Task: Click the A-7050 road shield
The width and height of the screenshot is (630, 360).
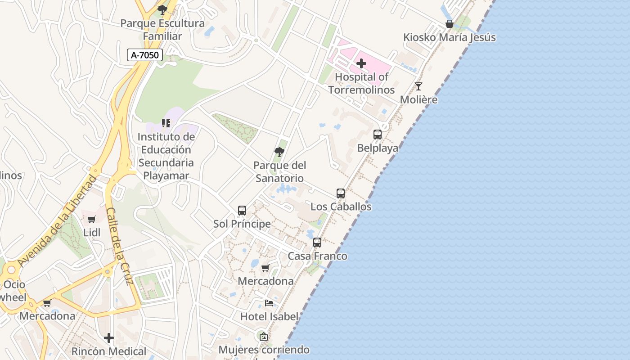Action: [144, 55]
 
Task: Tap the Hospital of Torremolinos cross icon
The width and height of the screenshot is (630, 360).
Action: [361, 63]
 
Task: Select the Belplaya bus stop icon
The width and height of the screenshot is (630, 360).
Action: [378, 134]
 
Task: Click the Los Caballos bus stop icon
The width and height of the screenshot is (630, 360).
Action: [341, 193]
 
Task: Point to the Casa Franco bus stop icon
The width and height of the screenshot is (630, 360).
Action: [317, 243]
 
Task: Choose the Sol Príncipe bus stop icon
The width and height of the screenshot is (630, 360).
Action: [242, 210]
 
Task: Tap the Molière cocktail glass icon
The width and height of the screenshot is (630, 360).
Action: [418, 86]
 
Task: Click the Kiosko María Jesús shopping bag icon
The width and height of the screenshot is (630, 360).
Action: [449, 24]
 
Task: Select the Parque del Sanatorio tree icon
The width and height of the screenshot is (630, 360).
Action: [279, 152]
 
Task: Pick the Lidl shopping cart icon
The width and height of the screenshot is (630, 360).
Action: [92, 219]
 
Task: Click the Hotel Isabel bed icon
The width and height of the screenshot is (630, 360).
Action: [269, 303]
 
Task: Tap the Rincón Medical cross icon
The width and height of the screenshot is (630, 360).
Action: [109, 337]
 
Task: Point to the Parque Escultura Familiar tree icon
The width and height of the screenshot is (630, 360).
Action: [162, 9]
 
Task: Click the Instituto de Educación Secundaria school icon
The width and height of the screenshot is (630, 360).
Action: [166, 123]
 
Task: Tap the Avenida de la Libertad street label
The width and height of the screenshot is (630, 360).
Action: [58, 220]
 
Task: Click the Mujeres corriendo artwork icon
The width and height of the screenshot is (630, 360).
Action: [264, 336]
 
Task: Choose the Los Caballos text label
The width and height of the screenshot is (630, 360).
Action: [341, 207]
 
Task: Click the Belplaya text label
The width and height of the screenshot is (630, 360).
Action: [378, 148]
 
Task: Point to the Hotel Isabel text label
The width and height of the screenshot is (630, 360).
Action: [269, 316]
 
